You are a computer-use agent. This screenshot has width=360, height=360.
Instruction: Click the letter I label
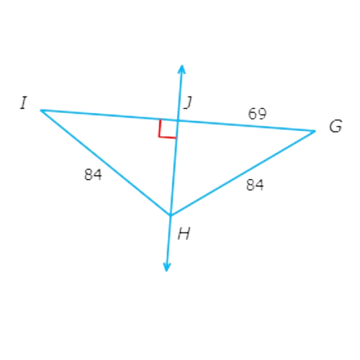coord(24,103)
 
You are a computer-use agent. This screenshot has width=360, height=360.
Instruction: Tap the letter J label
coord(188,103)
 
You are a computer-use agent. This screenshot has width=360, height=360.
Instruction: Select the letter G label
coord(336,126)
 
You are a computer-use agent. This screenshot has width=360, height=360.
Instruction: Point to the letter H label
coord(184,233)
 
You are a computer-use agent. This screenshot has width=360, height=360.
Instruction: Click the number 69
coord(257,114)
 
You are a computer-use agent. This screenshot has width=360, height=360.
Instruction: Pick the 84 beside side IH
coord(93,174)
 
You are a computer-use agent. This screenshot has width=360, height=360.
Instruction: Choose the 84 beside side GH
coord(255,185)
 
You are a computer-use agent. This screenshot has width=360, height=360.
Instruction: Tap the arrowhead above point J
coord(181,68)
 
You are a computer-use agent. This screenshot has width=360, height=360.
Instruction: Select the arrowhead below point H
coord(166,268)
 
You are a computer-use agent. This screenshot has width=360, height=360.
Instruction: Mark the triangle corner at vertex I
coord(41,110)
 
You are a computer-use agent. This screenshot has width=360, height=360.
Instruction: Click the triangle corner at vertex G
coord(315,131)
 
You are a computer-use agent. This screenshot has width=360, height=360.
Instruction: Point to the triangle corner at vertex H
coord(171,215)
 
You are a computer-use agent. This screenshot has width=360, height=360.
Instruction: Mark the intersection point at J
coord(178,120)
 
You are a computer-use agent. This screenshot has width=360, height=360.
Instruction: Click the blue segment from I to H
coord(106,163)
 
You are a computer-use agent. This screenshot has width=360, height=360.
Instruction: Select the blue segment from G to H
coord(243,173)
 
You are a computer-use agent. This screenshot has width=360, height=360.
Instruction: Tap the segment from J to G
coord(246,126)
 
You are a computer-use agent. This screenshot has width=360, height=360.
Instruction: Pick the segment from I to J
coord(109,115)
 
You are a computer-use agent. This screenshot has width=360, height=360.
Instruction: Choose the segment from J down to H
coord(174,168)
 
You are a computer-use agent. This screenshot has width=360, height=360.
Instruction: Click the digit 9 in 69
coord(262,114)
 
